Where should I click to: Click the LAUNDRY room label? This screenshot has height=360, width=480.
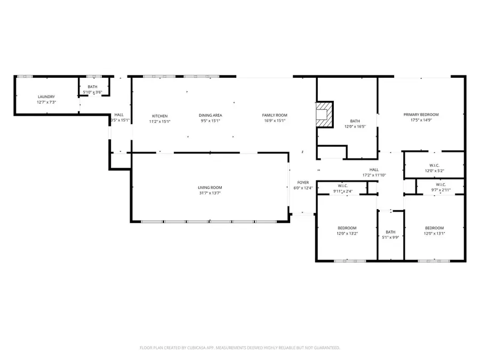point(46,97)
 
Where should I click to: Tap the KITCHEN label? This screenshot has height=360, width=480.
point(160,116)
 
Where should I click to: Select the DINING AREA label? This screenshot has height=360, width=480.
point(210,116)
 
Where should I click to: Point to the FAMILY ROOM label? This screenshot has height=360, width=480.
point(275,116)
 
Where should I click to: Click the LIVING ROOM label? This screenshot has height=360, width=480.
point(210,187)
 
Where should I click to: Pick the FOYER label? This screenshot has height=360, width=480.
point(303,183)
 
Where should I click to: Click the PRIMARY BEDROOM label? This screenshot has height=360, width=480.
point(421,115)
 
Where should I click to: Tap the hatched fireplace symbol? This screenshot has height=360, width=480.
point(323,114)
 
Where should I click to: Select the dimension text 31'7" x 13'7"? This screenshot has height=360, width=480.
point(210,193)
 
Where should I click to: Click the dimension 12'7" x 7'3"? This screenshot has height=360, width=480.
point(46,102)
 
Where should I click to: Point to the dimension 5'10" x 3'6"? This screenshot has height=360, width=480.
point(93,92)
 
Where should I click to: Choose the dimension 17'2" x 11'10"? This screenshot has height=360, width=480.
point(374,175)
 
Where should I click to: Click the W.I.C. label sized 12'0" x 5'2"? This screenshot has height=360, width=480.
point(434,165)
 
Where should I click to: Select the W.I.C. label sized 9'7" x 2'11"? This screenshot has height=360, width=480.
point(441,185)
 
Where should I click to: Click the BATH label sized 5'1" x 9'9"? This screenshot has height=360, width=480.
point(391,232)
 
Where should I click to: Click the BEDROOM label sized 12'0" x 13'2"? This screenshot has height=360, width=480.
point(347,228)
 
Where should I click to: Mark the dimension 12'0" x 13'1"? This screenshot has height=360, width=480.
point(434,233)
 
